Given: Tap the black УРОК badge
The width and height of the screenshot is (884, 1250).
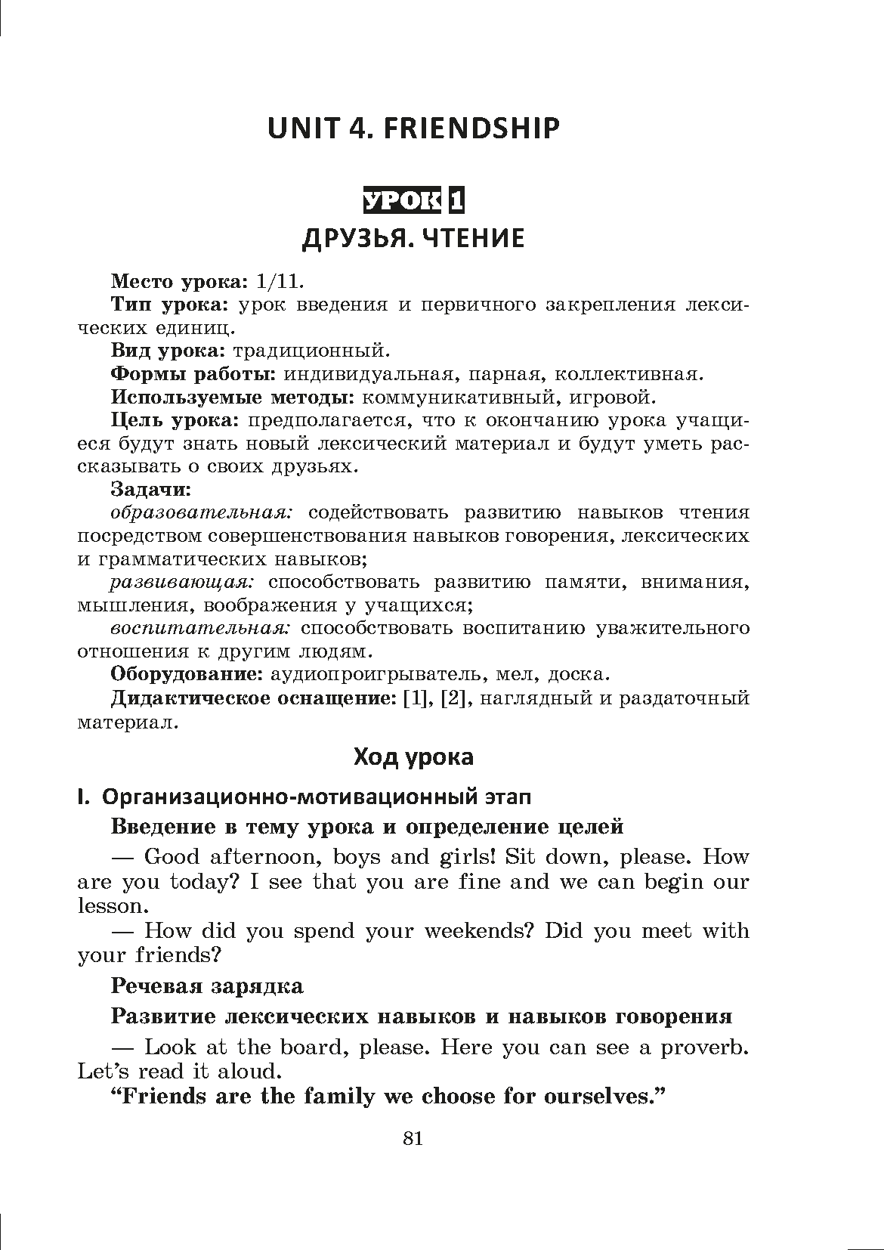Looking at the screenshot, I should click(401, 200).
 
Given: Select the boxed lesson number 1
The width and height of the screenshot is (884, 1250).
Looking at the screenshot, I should click(456, 200).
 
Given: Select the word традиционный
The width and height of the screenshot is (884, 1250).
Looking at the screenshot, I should click(311, 351).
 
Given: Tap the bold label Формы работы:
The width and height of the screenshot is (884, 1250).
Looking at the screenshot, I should click(192, 375).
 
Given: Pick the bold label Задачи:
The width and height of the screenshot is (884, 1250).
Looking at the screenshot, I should click(151, 490).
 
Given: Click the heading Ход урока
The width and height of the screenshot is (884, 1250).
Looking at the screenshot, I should click(413, 757).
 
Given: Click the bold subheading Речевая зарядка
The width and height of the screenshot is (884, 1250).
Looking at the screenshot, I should click(207, 986).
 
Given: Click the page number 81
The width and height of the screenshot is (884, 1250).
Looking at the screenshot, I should click(413, 1139).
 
